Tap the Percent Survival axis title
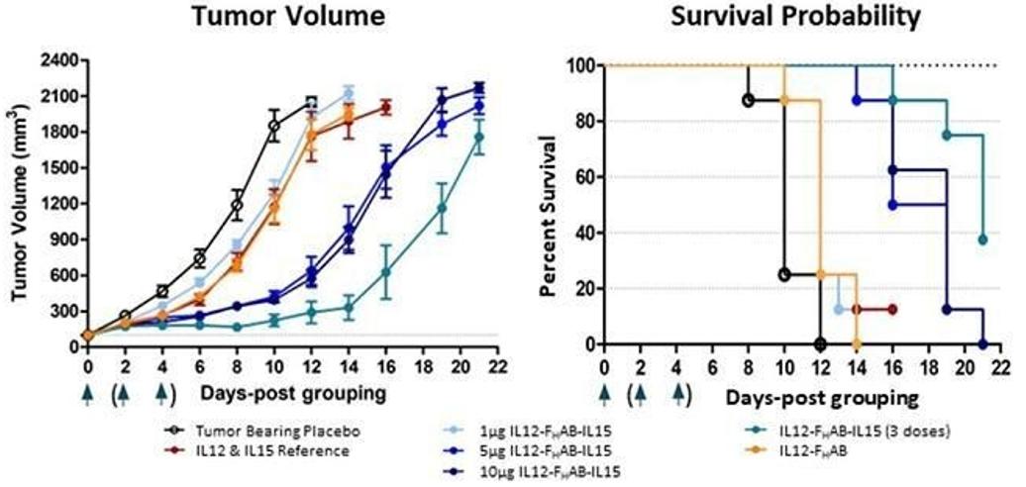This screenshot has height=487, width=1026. tap(548, 204)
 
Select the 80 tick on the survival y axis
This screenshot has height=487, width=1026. tap(581, 122)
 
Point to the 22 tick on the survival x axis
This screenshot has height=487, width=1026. tap(1001, 364)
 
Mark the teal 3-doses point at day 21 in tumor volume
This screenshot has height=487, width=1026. tap(479, 138)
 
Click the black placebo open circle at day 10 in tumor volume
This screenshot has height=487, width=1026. tap(274, 126)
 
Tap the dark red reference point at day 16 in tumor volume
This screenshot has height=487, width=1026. tap(386, 107)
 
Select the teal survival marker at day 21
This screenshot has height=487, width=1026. tap(982, 240)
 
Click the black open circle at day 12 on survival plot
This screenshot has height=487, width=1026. tap(820, 343)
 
